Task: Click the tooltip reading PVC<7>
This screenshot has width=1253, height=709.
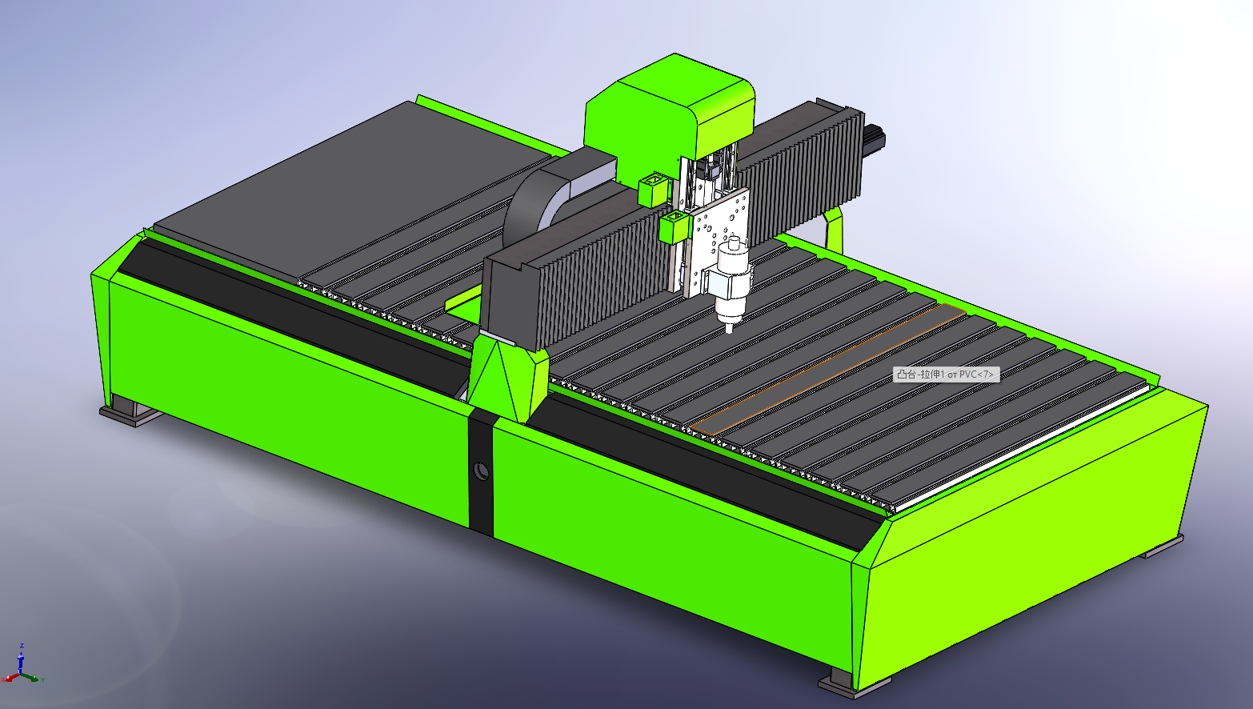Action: coord(946,375)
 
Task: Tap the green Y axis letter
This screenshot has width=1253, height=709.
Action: coord(42,680)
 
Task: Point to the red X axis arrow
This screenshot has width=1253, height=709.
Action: coord(11,678)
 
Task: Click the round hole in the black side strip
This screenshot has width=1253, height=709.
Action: coord(481,471)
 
